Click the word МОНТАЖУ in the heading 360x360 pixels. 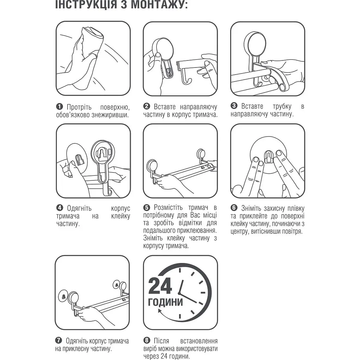point(159,5)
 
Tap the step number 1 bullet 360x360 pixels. point(59,107)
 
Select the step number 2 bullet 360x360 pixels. point(147,106)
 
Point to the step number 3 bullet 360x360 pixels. point(234,105)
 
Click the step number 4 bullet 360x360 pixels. point(60,208)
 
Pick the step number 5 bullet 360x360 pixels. point(147,207)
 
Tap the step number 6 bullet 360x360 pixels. point(234,208)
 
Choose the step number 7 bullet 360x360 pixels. point(59,340)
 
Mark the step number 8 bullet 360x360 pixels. point(147,340)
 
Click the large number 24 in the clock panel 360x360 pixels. point(160,285)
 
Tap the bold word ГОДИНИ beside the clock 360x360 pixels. point(165,302)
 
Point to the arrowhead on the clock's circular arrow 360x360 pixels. point(160,312)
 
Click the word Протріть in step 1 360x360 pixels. point(79,107)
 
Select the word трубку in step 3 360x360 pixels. point(282,106)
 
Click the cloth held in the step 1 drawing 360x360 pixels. point(92,37)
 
